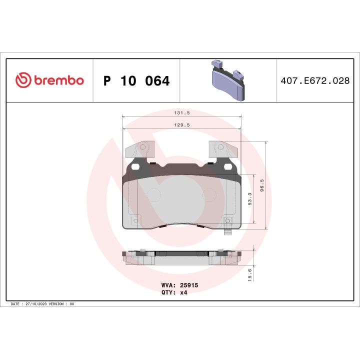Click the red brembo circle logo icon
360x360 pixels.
(23, 80)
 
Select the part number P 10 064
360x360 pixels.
(136, 81)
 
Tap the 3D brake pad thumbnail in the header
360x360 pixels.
(227, 80)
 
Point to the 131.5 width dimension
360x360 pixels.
(182, 113)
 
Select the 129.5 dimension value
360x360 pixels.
(182, 125)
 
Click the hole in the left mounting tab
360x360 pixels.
(142, 147)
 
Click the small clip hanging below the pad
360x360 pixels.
(227, 232)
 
